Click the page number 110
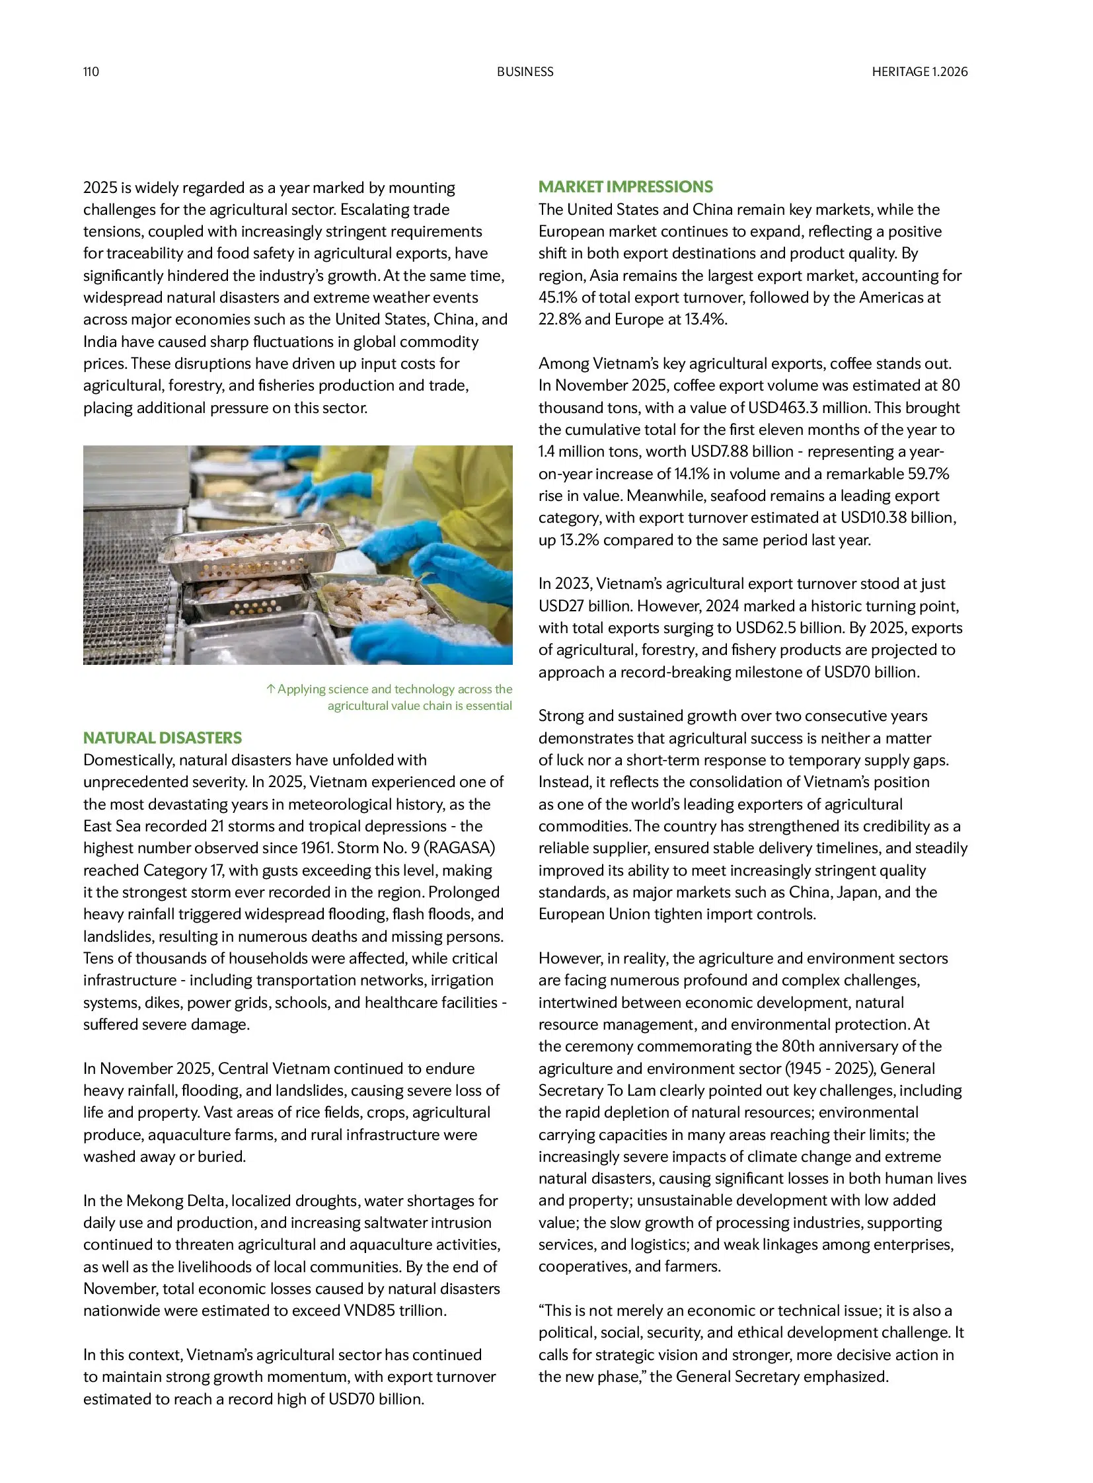91,71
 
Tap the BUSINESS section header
525,71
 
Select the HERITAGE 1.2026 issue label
919,71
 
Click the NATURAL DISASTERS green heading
162,737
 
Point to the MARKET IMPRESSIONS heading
625,186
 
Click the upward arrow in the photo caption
270,689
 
